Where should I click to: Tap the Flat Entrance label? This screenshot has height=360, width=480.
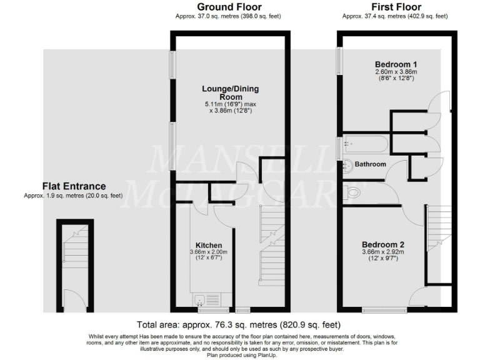point(74,186)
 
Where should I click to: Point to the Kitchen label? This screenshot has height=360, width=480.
point(209,244)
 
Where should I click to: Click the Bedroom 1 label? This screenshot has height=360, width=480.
point(396,64)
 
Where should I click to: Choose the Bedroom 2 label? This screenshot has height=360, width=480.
point(384,244)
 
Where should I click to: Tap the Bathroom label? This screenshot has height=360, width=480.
point(371,164)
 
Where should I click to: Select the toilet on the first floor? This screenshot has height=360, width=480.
point(352,193)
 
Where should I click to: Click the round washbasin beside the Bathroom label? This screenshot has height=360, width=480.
point(347,166)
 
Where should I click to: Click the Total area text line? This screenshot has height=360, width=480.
point(239,324)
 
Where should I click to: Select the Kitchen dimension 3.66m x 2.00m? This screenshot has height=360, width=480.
point(209,252)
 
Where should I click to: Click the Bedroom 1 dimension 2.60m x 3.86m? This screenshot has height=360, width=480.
point(396,72)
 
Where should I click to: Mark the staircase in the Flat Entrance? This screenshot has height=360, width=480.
point(74,250)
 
